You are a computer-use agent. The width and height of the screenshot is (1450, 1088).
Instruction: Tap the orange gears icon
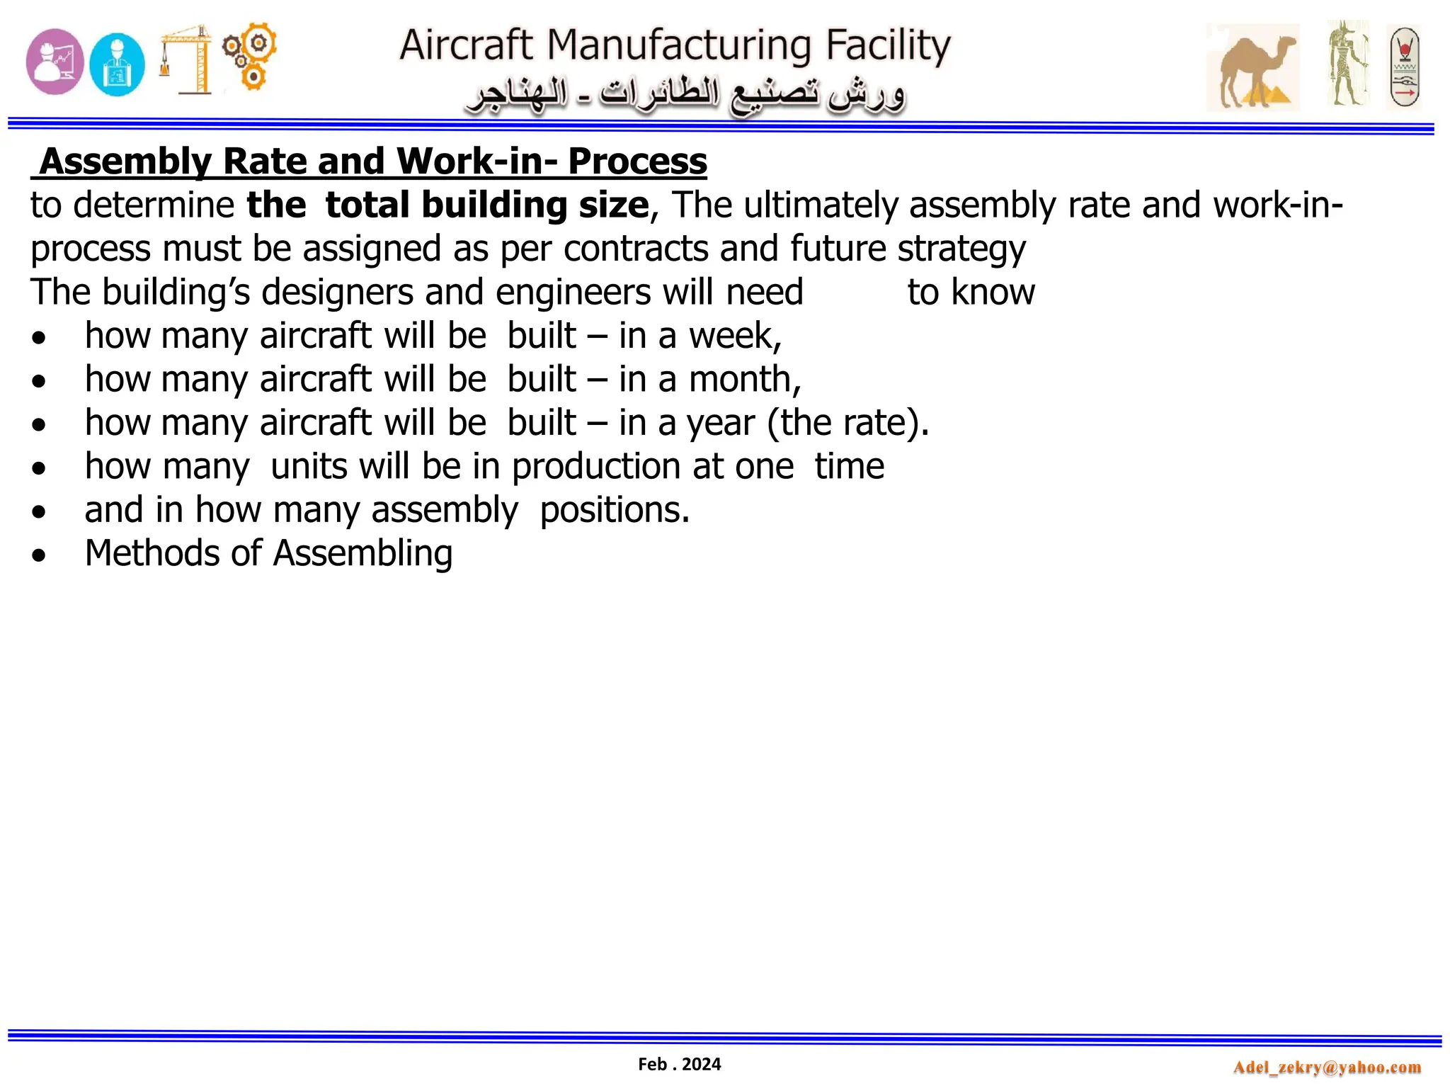[x=249, y=56]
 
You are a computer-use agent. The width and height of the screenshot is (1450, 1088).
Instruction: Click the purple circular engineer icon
[x=55, y=62]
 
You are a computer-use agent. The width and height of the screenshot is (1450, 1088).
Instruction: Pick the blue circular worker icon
[x=118, y=64]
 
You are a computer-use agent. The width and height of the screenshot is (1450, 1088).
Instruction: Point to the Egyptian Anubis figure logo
[x=1347, y=64]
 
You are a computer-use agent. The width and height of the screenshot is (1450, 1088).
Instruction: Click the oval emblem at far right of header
[x=1403, y=67]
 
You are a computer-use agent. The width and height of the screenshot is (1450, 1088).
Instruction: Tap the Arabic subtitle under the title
[x=685, y=97]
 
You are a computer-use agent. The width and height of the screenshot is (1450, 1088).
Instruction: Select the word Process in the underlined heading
[x=637, y=161]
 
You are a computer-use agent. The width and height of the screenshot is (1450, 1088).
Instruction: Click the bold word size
[x=614, y=205]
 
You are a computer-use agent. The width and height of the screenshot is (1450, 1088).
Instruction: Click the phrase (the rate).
[x=848, y=423]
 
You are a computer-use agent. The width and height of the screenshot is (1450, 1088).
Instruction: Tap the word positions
[x=614, y=510]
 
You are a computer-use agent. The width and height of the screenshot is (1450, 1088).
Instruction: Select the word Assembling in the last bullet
[x=362, y=553]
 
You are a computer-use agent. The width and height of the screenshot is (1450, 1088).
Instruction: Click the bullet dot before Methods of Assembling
[x=39, y=555]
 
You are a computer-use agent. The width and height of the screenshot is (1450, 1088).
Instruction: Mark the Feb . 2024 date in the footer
[x=679, y=1064]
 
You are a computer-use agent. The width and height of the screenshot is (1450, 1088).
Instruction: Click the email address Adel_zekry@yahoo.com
[x=1327, y=1067]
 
